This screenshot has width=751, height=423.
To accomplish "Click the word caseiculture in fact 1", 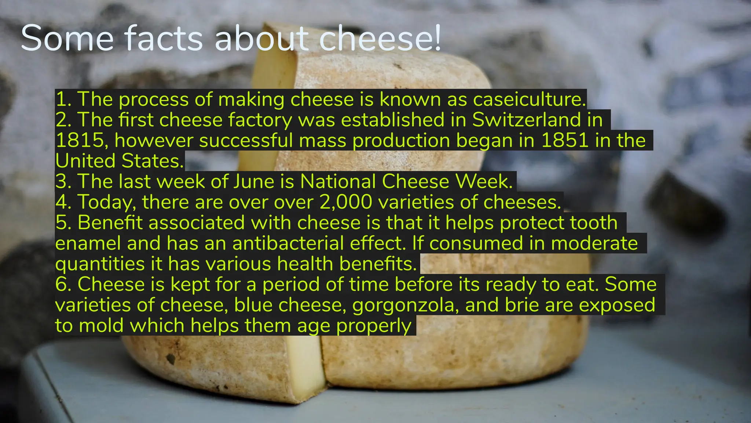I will coord(529,100).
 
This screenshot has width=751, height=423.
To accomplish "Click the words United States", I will coord(120,161).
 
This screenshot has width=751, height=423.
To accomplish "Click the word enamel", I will coord(88,243).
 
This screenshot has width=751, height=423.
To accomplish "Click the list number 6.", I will coord(63,285).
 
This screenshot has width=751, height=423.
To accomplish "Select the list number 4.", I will coord(63,202).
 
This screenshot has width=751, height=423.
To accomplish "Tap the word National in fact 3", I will coord(338,182).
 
